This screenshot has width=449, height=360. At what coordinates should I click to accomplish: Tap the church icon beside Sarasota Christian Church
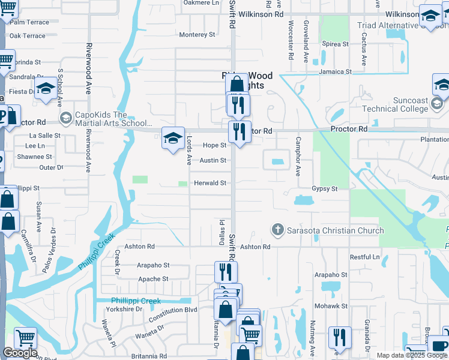277,230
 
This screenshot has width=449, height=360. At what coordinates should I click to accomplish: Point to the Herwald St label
209,183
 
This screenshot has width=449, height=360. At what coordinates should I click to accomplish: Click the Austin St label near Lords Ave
213,160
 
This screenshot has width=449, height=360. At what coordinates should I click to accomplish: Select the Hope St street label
214,145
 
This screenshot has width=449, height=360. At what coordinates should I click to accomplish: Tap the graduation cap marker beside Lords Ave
172,139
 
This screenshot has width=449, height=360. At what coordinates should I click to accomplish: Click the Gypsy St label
325,188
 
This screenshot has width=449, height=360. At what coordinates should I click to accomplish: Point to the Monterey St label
197,35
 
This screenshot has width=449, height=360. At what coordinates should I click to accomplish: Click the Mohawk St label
331,305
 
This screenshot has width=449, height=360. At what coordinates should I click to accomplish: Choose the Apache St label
153,279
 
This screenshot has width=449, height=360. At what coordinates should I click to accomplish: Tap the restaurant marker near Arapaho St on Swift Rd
226,272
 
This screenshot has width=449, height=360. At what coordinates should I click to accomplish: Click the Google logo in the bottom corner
19,353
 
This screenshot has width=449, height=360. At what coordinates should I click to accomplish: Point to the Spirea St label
336,44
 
